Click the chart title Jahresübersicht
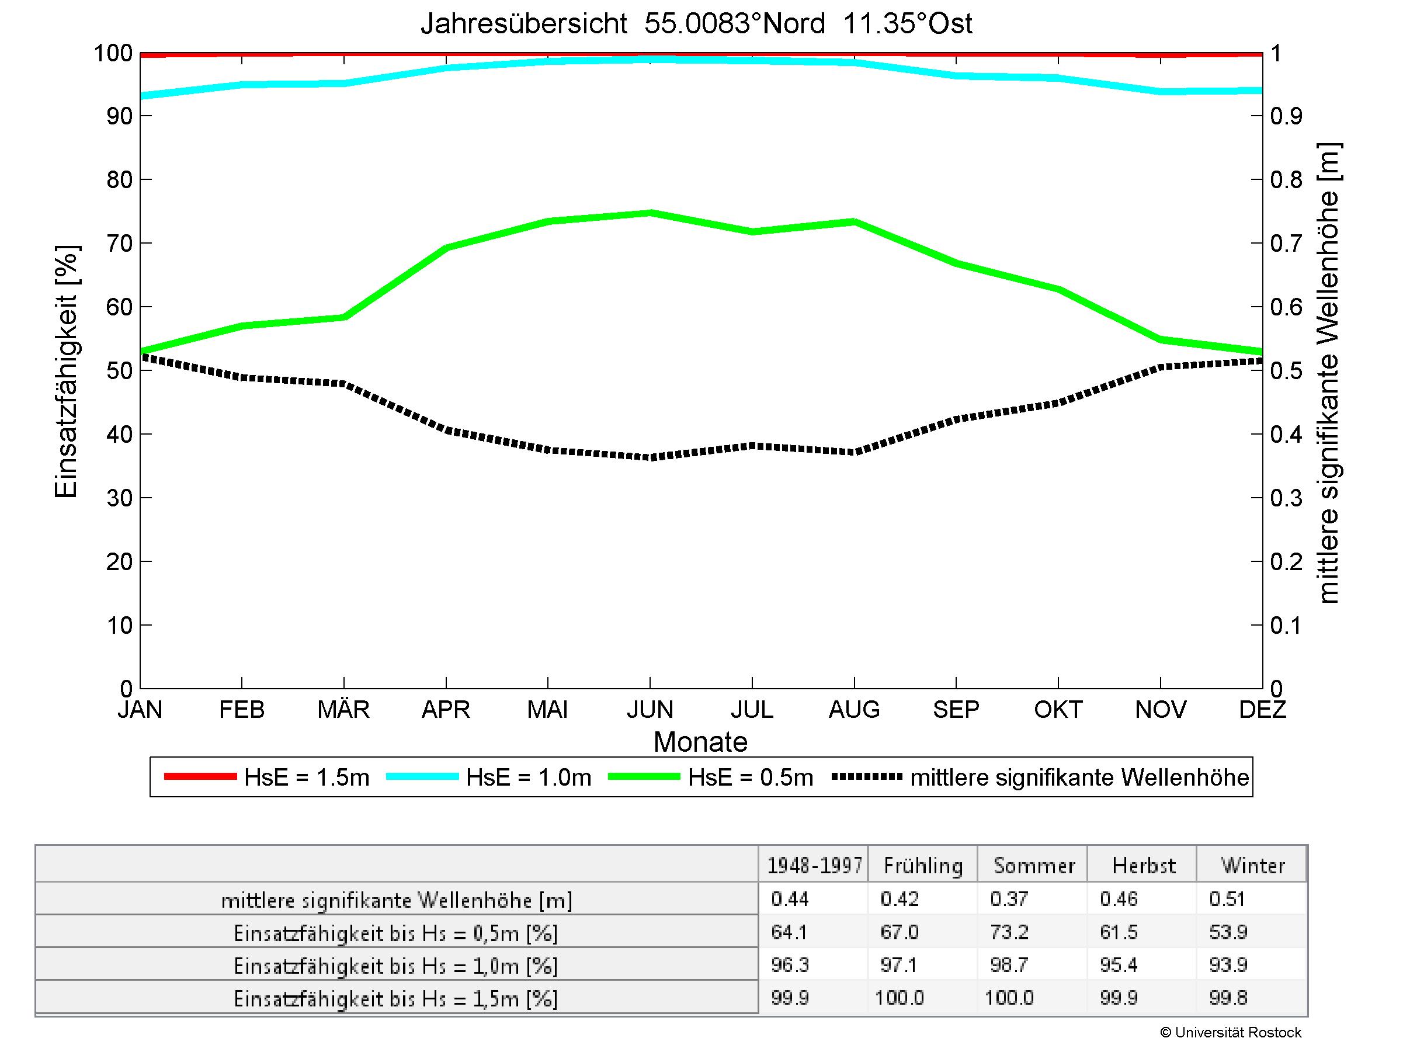696,24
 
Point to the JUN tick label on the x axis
650,709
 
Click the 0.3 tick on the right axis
1286,498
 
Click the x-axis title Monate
700,742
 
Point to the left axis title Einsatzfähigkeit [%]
66,371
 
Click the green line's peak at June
650,213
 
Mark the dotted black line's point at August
855,452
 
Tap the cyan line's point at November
1161,91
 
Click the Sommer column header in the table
1033,866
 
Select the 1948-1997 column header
814,866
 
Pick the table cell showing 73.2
1009,932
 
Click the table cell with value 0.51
1227,899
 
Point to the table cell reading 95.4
1119,965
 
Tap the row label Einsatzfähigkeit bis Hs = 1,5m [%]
396,999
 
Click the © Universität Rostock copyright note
1231,1032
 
